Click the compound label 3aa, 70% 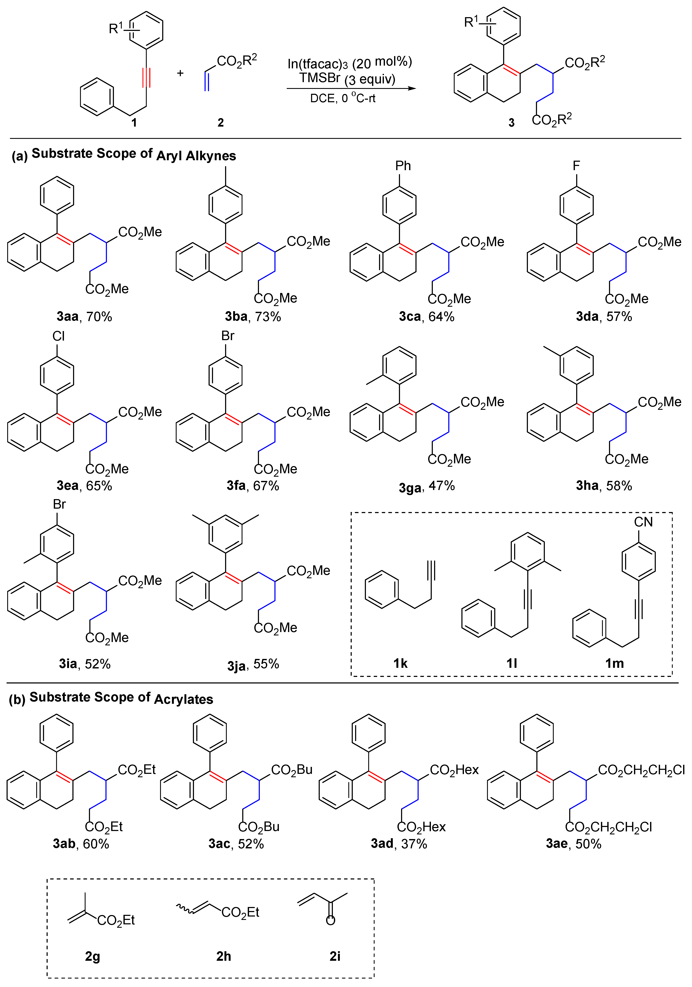(x=84, y=317)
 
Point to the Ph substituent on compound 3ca (x=403, y=166)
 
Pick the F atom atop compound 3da (x=576, y=166)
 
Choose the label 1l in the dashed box (x=511, y=663)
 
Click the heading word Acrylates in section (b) (x=184, y=699)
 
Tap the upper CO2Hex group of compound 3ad (x=454, y=769)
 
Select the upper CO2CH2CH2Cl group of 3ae (x=641, y=769)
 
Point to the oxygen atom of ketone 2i (x=330, y=920)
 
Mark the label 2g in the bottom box (x=93, y=957)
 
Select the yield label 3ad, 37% (x=399, y=844)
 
